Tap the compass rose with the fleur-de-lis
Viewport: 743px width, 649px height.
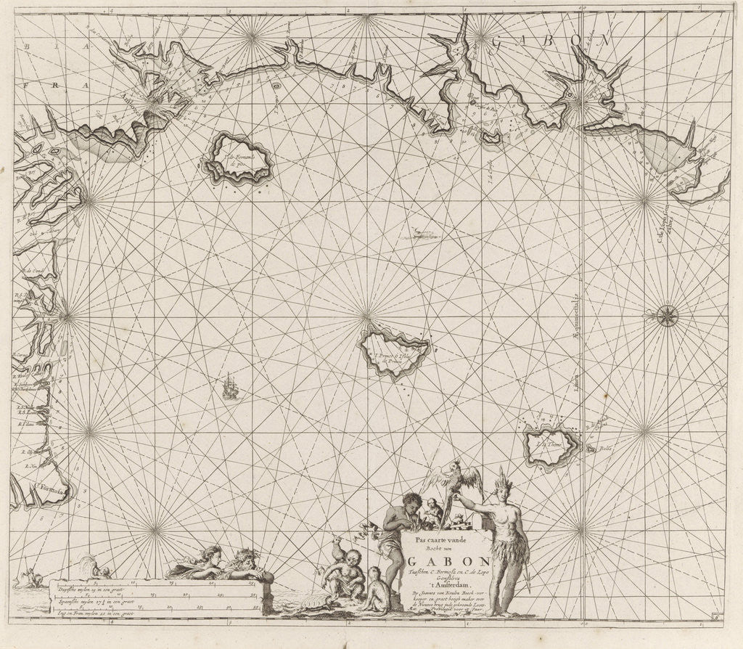(x=667, y=315)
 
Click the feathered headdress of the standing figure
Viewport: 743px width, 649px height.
(x=501, y=480)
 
